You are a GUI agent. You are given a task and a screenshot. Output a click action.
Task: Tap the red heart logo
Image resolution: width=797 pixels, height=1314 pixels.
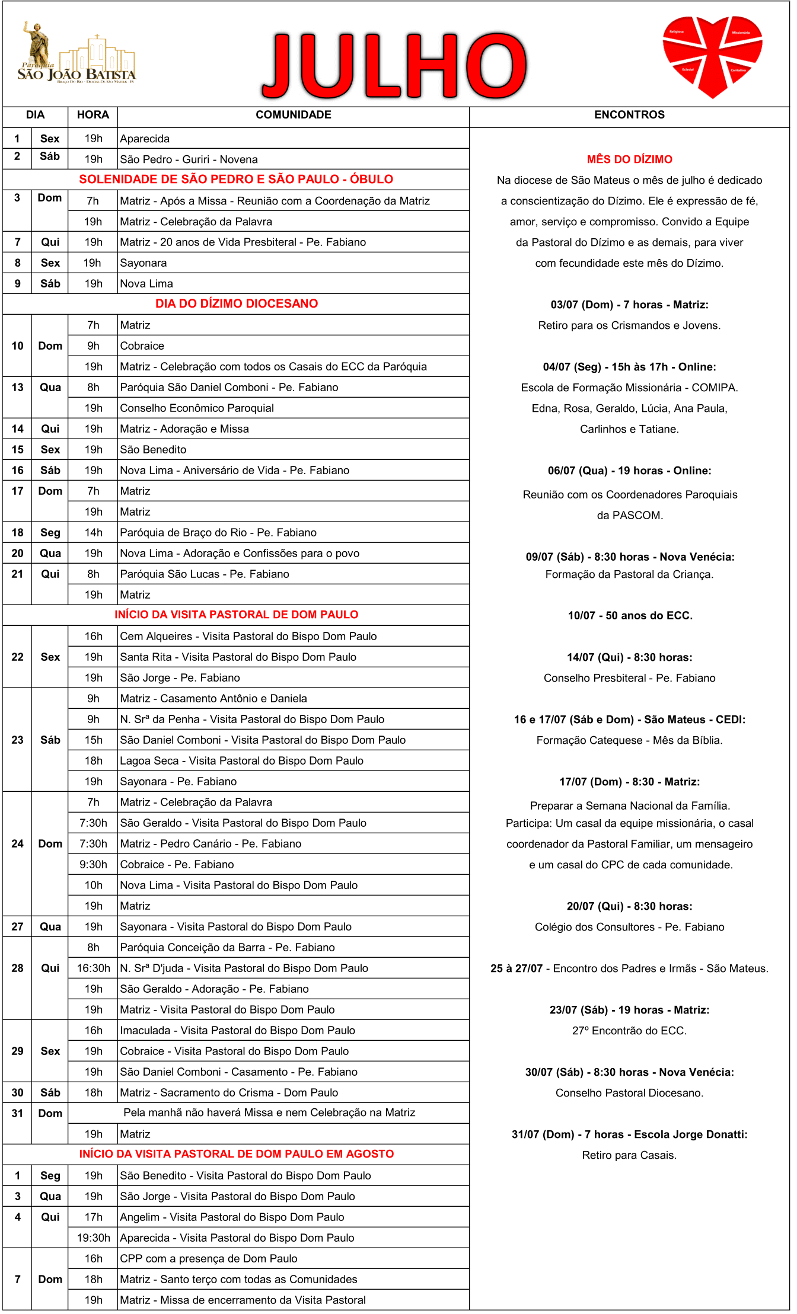point(712,55)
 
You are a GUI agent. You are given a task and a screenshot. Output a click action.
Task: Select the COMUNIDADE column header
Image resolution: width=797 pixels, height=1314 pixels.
point(294,115)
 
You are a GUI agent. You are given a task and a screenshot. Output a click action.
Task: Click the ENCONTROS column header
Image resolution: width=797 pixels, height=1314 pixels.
point(629,115)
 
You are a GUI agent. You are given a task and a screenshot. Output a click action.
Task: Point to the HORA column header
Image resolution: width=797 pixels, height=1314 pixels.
point(93,115)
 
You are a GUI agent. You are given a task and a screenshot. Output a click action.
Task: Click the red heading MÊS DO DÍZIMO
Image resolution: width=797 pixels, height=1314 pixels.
point(629,159)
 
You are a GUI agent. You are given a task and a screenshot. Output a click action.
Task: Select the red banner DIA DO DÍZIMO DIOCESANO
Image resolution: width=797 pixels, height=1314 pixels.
point(236,303)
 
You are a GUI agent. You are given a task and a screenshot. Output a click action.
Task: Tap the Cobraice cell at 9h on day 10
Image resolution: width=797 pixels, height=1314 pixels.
point(142,346)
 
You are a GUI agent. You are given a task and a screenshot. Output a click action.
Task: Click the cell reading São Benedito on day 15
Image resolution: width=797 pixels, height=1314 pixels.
point(153,450)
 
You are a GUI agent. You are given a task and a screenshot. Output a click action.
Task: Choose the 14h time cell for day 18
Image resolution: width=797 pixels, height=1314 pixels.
point(93,533)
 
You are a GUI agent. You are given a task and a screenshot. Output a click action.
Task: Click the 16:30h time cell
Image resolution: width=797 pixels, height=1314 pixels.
point(93,968)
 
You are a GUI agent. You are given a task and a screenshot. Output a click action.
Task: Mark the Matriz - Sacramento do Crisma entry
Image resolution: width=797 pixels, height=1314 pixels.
point(229,1093)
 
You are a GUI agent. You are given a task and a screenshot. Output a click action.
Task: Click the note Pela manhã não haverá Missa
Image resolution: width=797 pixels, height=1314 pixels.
point(269,1113)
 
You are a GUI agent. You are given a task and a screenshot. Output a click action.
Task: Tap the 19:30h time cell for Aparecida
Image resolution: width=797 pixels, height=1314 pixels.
point(93,1238)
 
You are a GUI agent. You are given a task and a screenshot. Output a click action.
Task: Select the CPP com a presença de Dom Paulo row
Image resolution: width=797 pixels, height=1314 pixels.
point(209,1259)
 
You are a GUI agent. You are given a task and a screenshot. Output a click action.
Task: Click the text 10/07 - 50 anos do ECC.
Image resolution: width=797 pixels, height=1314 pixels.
point(630,616)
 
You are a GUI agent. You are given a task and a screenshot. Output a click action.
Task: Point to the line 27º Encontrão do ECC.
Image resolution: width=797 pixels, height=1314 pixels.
point(629,1031)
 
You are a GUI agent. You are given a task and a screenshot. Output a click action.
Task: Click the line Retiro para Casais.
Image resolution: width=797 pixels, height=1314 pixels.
point(629,1155)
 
